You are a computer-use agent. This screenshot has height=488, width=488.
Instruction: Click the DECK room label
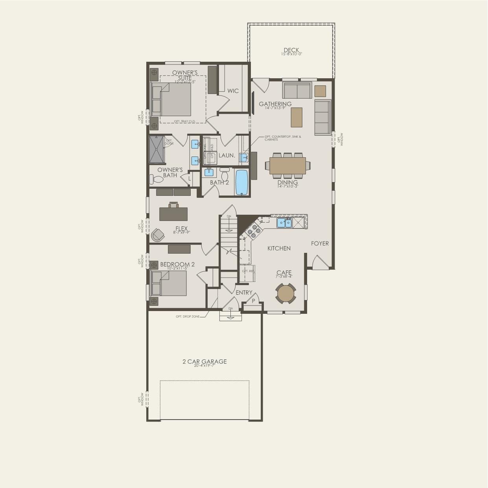(291, 50)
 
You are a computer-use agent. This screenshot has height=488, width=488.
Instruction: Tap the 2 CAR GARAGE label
(204, 361)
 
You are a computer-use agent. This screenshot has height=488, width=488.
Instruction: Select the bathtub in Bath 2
(241, 182)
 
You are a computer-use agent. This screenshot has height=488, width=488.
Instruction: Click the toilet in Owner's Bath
(157, 179)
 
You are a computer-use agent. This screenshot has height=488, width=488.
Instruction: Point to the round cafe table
(285, 293)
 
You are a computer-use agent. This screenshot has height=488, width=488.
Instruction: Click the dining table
(287, 166)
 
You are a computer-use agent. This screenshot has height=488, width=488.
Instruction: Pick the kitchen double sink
(284, 223)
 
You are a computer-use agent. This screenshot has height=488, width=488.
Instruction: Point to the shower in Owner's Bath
(157, 149)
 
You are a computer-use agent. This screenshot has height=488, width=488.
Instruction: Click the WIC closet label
(233, 91)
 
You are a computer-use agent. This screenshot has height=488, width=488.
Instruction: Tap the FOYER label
(320, 243)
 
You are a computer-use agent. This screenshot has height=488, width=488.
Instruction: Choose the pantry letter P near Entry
(253, 301)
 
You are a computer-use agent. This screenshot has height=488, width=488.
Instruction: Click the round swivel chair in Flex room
(158, 235)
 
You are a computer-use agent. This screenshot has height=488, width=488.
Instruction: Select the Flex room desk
(173, 214)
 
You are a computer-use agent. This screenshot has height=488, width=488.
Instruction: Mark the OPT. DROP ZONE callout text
(188, 317)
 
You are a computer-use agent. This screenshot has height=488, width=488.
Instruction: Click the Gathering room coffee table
(296, 117)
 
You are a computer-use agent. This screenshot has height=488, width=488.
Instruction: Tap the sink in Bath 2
(209, 172)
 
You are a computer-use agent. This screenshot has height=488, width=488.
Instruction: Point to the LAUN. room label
(227, 155)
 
